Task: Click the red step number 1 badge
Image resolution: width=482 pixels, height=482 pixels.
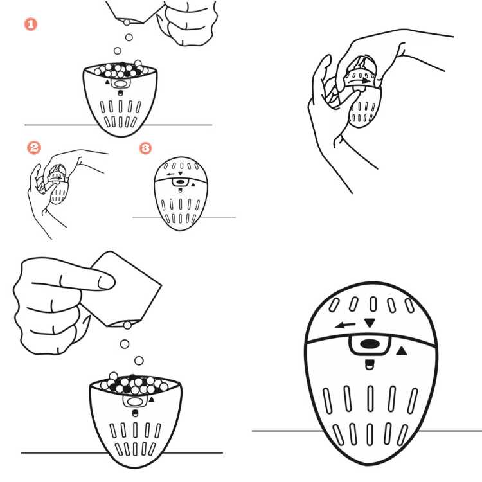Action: pyautogui.click(x=31, y=24)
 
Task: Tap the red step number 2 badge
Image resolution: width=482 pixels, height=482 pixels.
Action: pyautogui.click(x=34, y=148)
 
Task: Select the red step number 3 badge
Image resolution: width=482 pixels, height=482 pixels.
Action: pyautogui.click(x=145, y=148)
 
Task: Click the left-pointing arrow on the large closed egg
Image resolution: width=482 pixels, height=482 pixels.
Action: pyautogui.click(x=345, y=325)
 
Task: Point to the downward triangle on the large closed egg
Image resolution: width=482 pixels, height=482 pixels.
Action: pyautogui.click(x=370, y=323)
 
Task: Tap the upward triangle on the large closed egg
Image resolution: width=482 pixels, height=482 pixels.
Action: pyautogui.click(x=402, y=351)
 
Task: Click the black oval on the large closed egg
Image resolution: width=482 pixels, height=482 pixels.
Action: pyautogui.click(x=370, y=344)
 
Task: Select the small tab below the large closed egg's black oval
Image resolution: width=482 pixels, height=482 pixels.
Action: pyautogui.click(x=369, y=365)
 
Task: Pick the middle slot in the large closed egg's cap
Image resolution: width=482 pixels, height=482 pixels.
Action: pyautogui.click(x=373, y=304)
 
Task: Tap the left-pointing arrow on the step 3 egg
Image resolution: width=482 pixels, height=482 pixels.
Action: pyautogui.click(x=170, y=174)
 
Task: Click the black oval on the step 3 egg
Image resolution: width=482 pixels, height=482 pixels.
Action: pyautogui.click(x=181, y=183)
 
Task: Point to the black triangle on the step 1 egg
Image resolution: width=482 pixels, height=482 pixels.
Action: pyautogui.click(x=107, y=82)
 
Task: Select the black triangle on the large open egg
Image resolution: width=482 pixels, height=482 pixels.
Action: pyautogui.click(x=151, y=400)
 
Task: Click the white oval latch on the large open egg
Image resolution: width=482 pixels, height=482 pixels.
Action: pyautogui.click(x=135, y=402)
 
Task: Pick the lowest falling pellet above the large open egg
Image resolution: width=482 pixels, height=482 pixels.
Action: pyautogui.click(x=139, y=361)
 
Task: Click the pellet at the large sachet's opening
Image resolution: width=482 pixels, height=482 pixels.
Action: pyautogui.click(x=127, y=325)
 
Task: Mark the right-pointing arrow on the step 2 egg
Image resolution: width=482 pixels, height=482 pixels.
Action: pyautogui.click(x=57, y=178)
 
